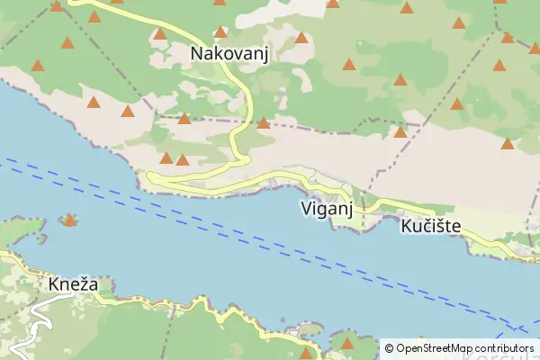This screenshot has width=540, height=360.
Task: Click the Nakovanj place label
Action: [230, 54]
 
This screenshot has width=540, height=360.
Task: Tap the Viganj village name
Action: [325, 209]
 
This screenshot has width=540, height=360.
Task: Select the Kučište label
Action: [431, 227]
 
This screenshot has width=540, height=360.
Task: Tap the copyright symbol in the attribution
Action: [389, 347]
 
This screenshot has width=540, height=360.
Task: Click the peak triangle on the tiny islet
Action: [69, 220]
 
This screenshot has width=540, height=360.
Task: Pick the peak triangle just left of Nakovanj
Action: [160, 35]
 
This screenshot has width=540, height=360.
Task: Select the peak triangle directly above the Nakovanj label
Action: [220, 32]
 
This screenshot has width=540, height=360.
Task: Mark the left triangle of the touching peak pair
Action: [166, 158]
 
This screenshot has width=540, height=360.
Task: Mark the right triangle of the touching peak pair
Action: [183, 160]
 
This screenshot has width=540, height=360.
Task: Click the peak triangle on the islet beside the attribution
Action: [347, 343]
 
